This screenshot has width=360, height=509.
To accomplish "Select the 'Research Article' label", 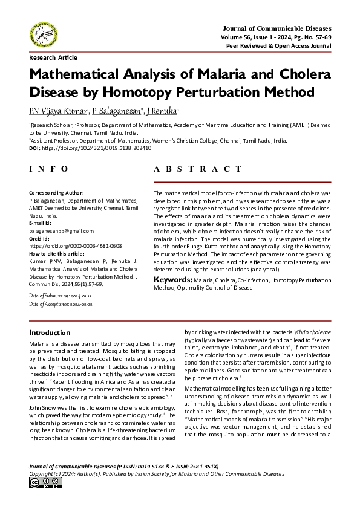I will pos(53,57).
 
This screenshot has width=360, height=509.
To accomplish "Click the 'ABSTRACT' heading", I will pos(201,170).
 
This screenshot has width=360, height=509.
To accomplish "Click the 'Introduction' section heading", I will pos(50,333).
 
